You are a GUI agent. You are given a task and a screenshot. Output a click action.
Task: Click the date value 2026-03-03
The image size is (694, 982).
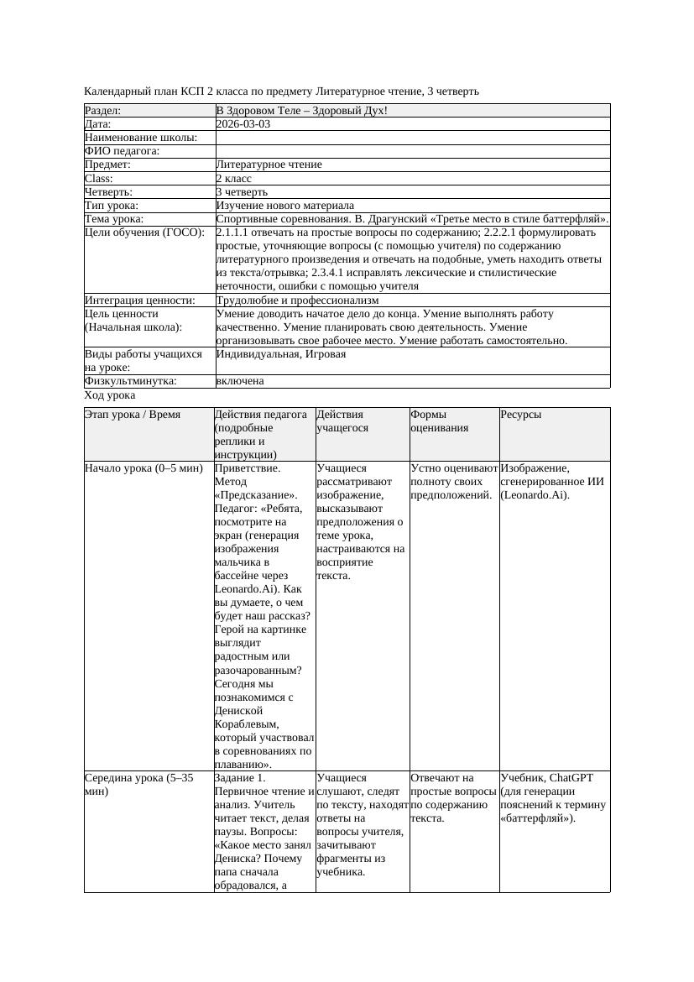tap(243, 124)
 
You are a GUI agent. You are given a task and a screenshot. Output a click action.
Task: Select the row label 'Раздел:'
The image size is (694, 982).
tap(103, 111)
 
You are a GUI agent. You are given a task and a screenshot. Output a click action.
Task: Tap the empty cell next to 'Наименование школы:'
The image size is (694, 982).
tap(411, 138)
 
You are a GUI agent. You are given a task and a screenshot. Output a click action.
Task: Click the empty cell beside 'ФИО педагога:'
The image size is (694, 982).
tap(411, 151)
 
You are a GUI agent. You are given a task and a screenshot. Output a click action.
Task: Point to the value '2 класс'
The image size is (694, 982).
tap(234, 179)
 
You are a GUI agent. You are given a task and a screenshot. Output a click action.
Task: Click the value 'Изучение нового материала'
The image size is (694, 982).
tap(284, 206)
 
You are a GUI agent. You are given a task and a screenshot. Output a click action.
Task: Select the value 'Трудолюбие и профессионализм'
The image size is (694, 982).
tap(297, 300)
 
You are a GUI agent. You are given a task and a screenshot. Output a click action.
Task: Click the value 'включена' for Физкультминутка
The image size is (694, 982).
tap(240, 381)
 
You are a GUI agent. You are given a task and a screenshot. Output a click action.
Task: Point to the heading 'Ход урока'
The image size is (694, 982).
tap(110, 395)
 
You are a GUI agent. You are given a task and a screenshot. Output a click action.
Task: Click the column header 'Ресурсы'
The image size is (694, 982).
tap(521, 415)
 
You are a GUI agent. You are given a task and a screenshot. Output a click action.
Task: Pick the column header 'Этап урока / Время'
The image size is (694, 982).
tap(133, 415)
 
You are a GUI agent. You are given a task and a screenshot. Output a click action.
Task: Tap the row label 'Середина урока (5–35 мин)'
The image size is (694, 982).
tap(138, 784)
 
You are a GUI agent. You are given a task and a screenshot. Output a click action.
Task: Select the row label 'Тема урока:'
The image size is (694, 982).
tap(114, 219)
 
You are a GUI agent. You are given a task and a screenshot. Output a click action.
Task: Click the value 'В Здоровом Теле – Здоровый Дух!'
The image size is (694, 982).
tap(302, 111)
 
